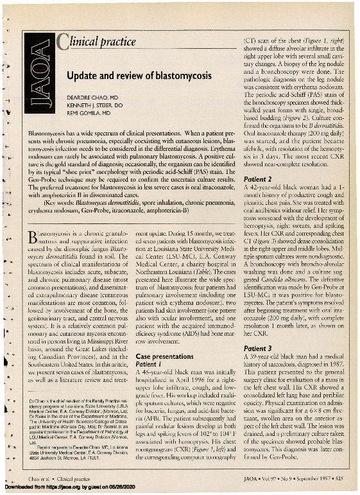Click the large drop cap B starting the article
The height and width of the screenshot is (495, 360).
(36, 231)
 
